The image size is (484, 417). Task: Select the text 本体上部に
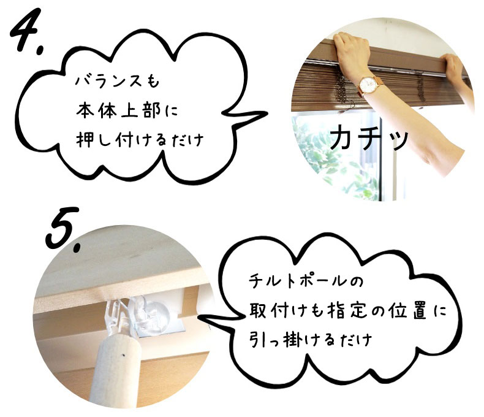point(127,110)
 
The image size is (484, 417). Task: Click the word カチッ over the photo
point(369,137)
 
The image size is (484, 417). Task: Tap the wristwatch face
point(368,85)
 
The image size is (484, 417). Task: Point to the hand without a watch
point(455,66)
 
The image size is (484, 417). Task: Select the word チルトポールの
point(306,280)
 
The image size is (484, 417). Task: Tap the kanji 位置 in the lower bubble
point(407,310)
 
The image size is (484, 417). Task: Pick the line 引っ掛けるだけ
point(311,339)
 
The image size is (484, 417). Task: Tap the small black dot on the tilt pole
point(123,355)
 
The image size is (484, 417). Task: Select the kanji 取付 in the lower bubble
point(268,310)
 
